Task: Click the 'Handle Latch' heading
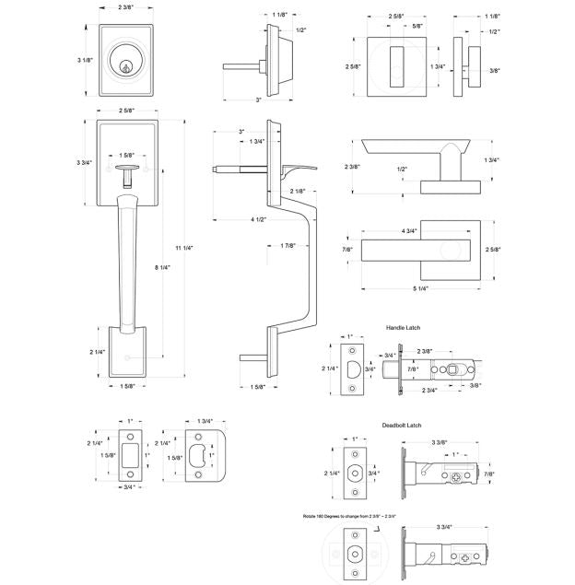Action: tap(403, 328)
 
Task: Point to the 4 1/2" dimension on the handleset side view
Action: tap(232, 219)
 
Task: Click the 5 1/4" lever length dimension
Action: tap(419, 289)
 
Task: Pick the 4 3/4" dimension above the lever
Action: tap(409, 230)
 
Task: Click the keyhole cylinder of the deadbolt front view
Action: tap(123, 64)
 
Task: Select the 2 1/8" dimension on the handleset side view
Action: tap(297, 191)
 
